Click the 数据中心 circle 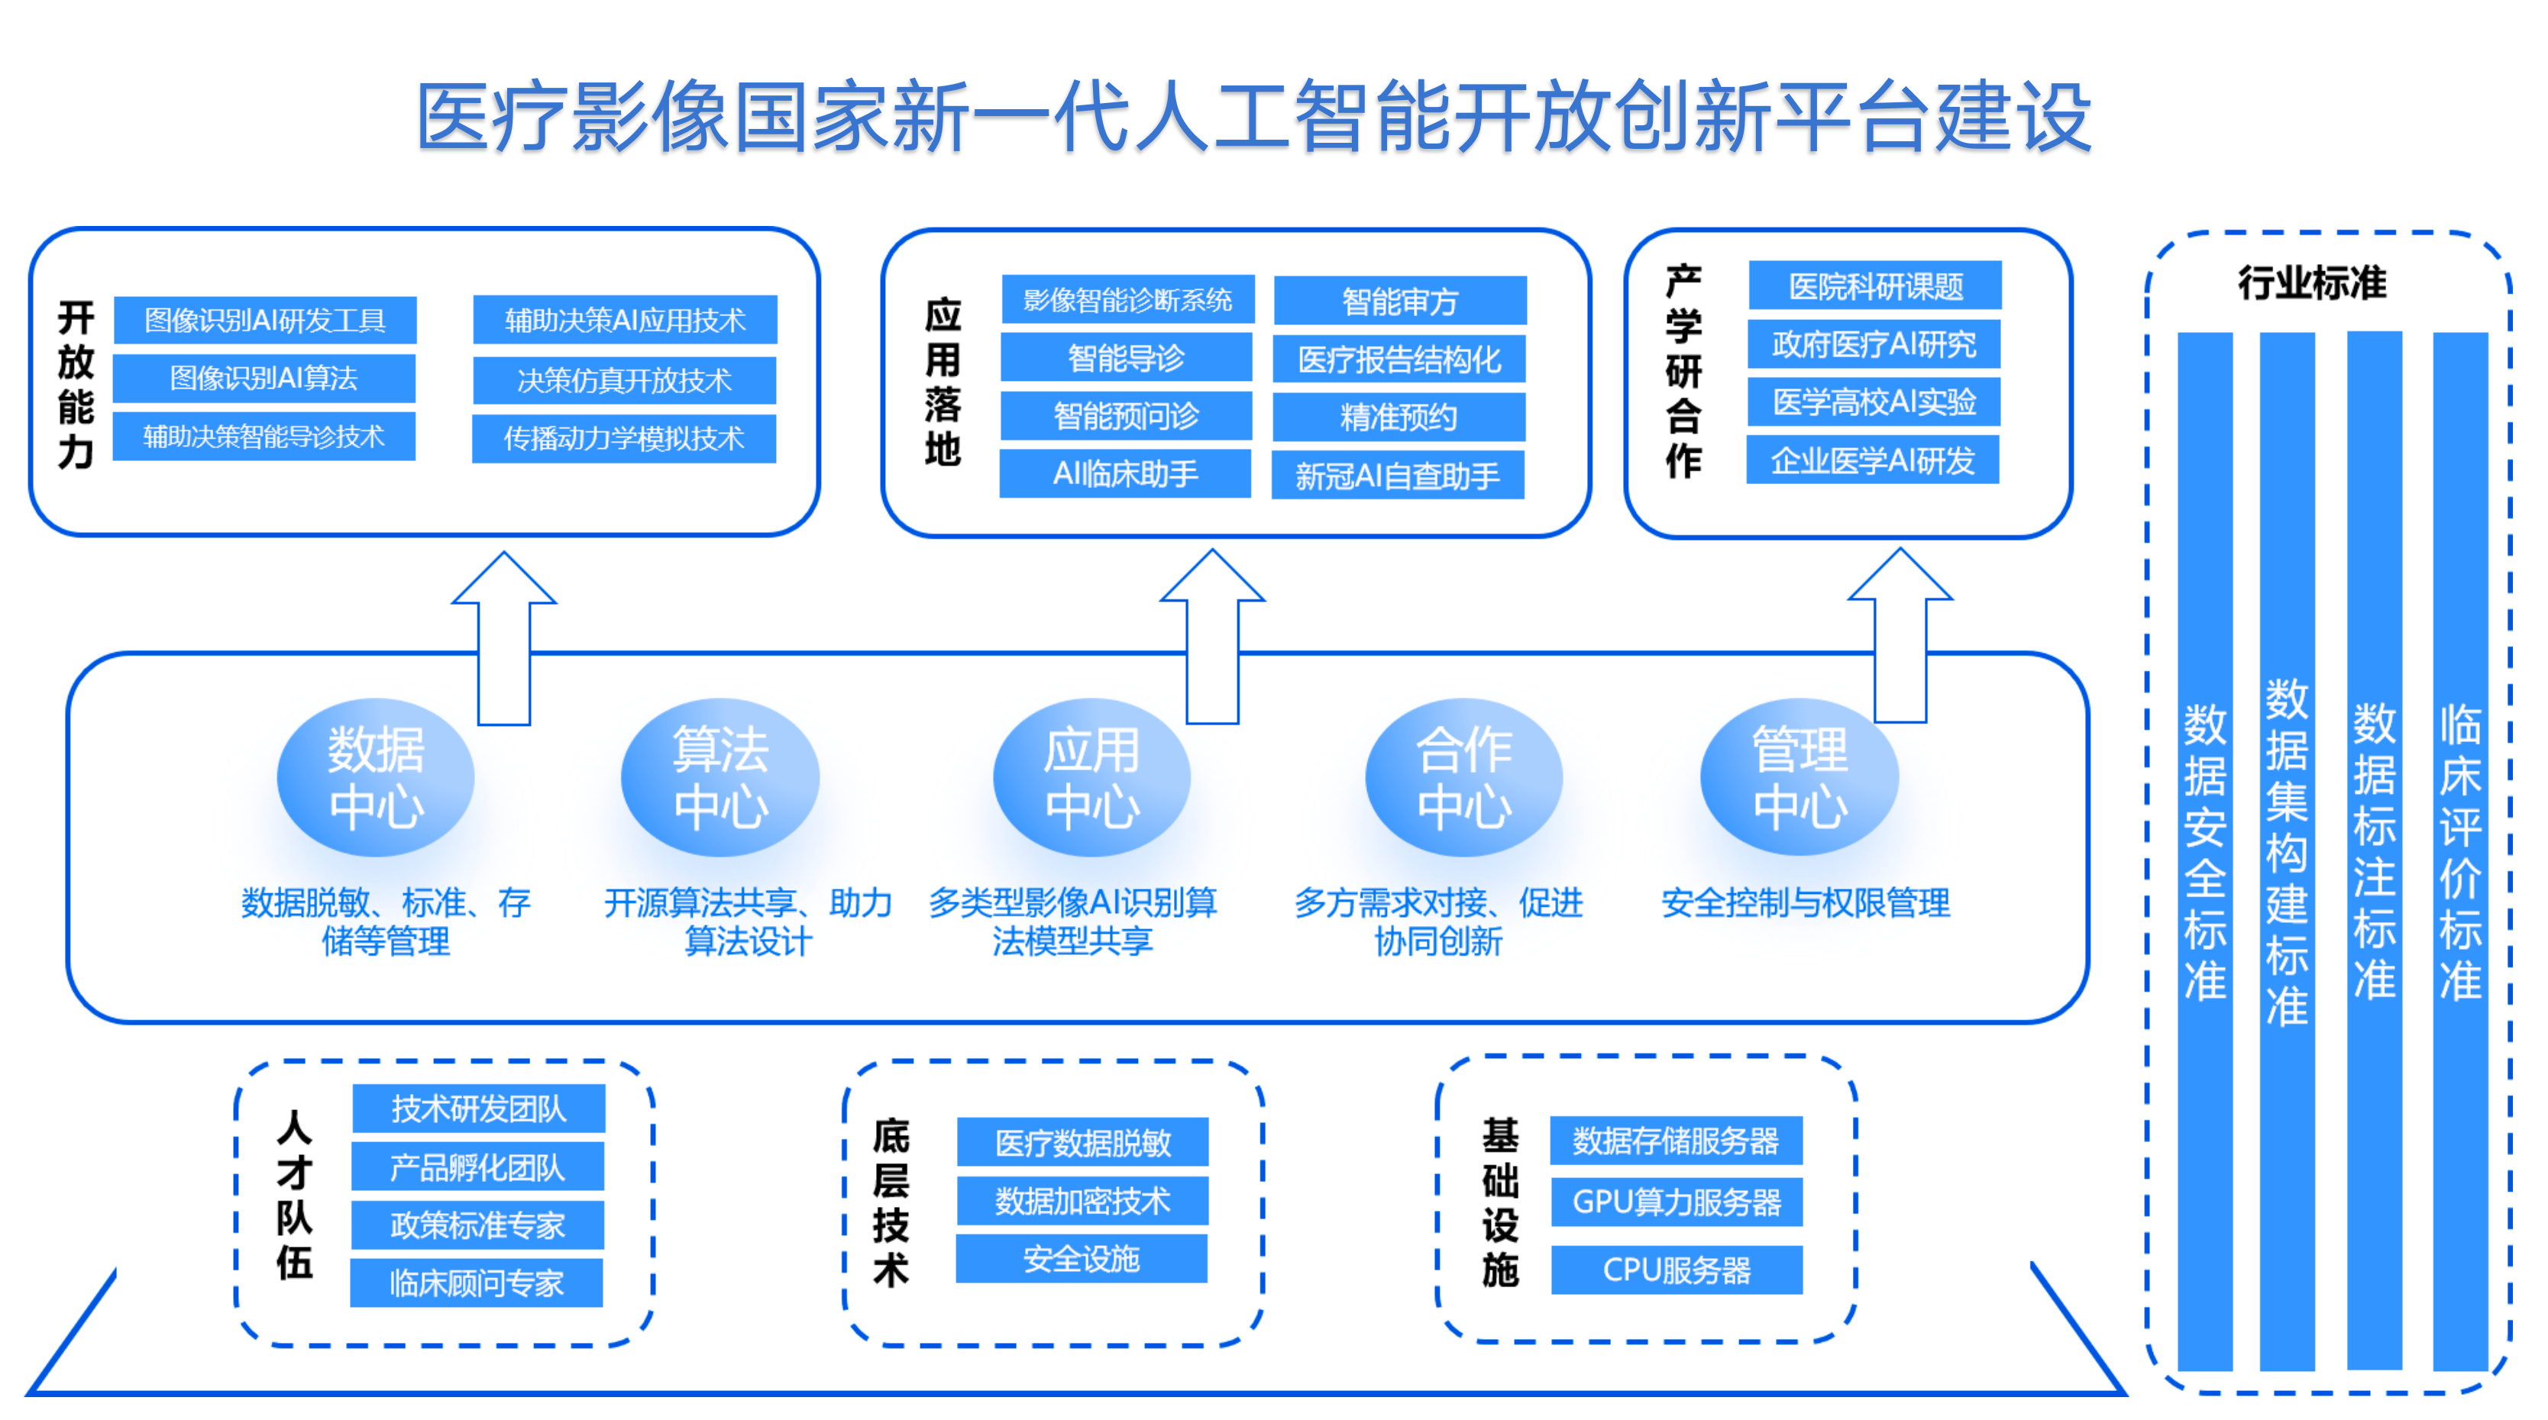click(x=376, y=777)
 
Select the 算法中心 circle click(x=720, y=777)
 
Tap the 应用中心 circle click(x=1092, y=777)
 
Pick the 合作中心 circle click(x=1464, y=777)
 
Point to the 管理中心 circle click(x=1799, y=777)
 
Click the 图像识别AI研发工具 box click(x=265, y=319)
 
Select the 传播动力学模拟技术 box click(x=624, y=438)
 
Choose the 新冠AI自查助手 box click(x=1398, y=476)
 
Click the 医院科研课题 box click(x=1875, y=286)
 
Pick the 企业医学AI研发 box click(x=1872, y=460)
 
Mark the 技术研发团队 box click(x=479, y=1109)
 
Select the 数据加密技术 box click(x=1082, y=1200)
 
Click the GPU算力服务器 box click(x=1677, y=1202)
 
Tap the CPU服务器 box click(x=1677, y=1270)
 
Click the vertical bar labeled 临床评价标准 click(x=2460, y=850)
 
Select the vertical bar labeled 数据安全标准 click(x=2205, y=850)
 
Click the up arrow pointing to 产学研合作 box click(x=1900, y=635)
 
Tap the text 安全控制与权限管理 click(x=1805, y=902)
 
